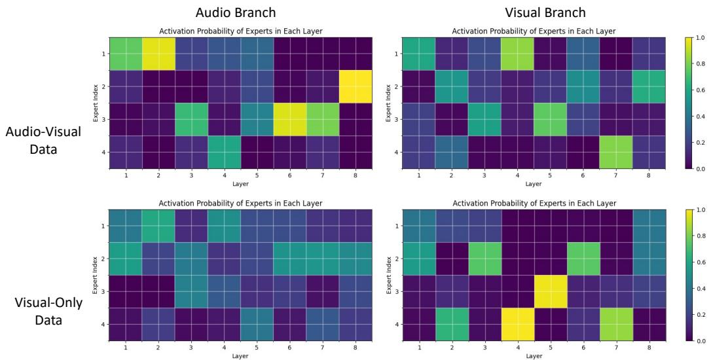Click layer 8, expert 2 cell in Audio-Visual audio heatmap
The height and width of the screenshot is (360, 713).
coord(356,86)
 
